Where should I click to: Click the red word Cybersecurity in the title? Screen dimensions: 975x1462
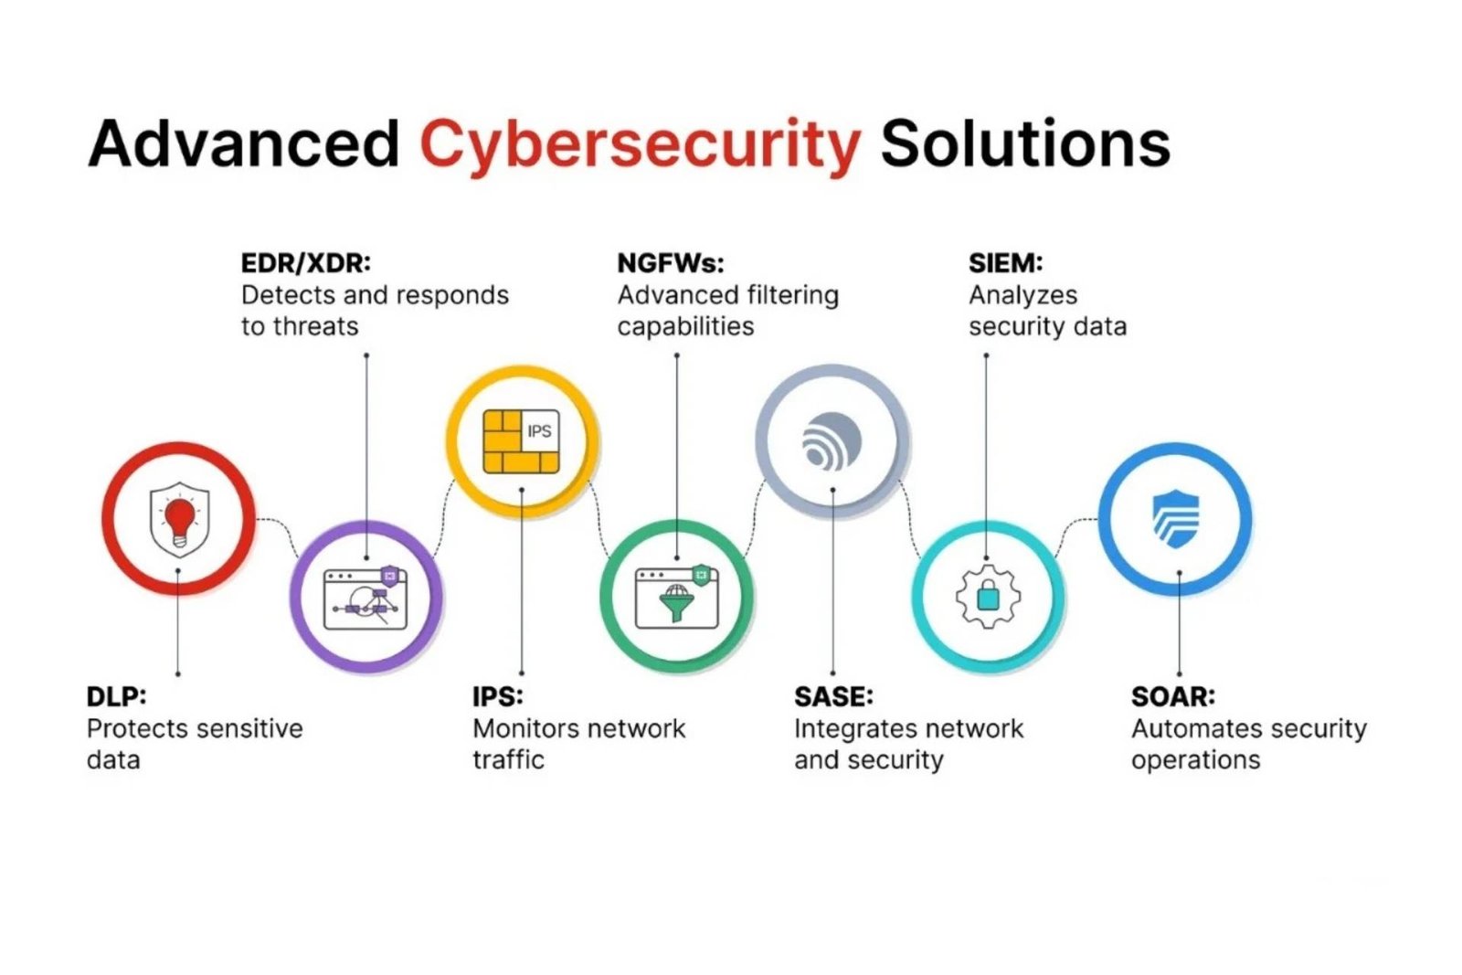click(x=640, y=144)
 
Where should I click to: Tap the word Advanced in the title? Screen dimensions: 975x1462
click(x=244, y=143)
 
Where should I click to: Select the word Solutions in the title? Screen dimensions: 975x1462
click(x=1024, y=143)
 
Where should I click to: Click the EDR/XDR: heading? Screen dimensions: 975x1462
click(x=306, y=263)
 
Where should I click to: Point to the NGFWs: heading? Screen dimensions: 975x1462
click(x=671, y=263)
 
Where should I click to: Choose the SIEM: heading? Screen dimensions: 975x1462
click(x=1005, y=263)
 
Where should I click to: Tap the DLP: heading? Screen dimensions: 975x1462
click(x=116, y=696)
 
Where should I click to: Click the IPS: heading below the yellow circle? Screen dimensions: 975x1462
click(x=498, y=696)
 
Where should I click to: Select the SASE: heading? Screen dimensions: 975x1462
click(x=833, y=696)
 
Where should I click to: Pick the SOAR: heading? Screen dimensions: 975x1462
click(x=1173, y=696)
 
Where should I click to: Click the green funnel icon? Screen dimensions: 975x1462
click(x=676, y=602)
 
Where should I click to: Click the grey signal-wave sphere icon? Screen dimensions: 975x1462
click(x=832, y=441)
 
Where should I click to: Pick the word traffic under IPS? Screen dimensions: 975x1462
click(x=508, y=759)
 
